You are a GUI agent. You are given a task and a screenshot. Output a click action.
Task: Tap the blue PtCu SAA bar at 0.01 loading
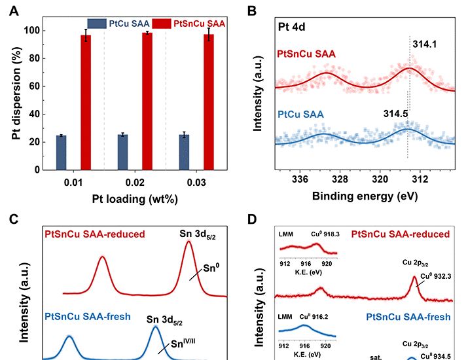coord(62,152)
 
